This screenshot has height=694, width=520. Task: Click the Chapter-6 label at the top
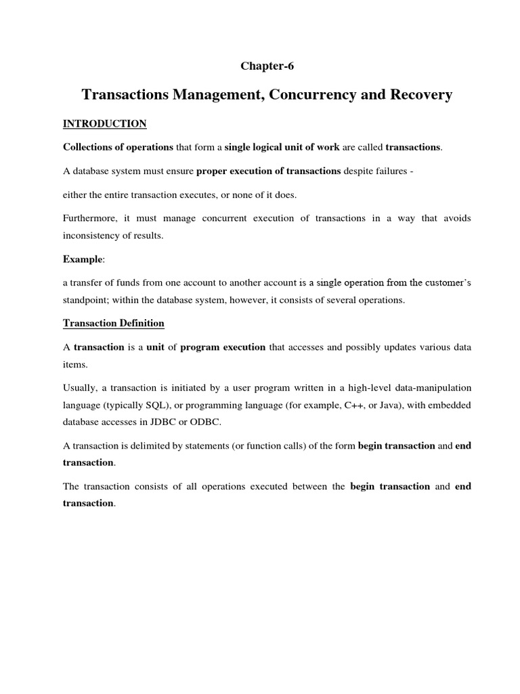pyautogui.click(x=268, y=66)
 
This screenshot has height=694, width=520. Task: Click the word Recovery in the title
pyautogui.click(x=415, y=95)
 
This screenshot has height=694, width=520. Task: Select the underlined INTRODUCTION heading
pyautogui.click(x=104, y=123)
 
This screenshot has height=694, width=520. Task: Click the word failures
pyautogui.click(x=387, y=171)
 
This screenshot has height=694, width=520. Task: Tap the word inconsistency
pyautogui.click(x=93, y=234)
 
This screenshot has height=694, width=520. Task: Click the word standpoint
pyautogui.click(x=87, y=299)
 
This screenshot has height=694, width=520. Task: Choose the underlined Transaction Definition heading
pyautogui.click(x=113, y=323)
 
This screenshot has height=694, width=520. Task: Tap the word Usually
pyautogui.click(x=81, y=387)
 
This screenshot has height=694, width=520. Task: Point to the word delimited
pyautogui.click(x=152, y=445)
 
